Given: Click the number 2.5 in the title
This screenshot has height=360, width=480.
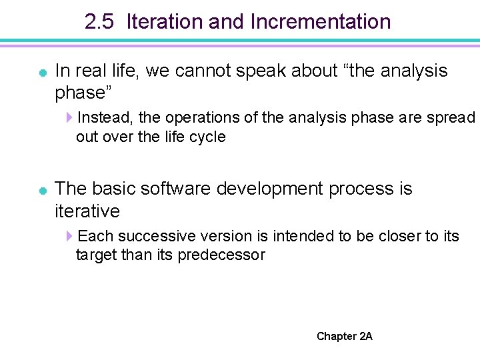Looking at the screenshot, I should click(x=100, y=22).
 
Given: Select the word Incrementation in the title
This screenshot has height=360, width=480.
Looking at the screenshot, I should click(x=321, y=22).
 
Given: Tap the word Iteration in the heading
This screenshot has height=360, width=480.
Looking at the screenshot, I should click(x=165, y=22).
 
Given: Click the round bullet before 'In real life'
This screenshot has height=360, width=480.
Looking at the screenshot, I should click(x=42, y=72).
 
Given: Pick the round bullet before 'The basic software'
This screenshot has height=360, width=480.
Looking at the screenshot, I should click(x=42, y=191).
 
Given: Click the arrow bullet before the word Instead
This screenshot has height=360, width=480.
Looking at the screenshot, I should click(x=69, y=118).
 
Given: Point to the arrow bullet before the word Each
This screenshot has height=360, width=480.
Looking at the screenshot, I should click(x=69, y=237).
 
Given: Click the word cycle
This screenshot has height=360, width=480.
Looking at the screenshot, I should click(x=208, y=137).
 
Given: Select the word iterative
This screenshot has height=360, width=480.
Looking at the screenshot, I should click(x=87, y=211).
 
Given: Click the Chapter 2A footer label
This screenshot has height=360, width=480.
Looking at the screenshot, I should click(x=345, y=336).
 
